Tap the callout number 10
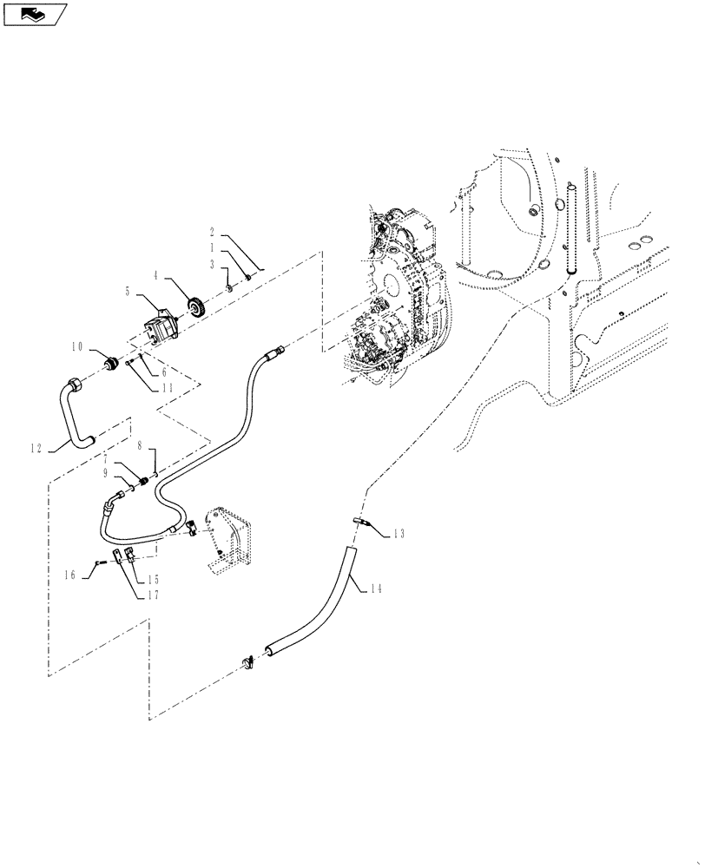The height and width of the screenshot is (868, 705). click(x=77, y=347)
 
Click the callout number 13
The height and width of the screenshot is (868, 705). click(x=399, y=534)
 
